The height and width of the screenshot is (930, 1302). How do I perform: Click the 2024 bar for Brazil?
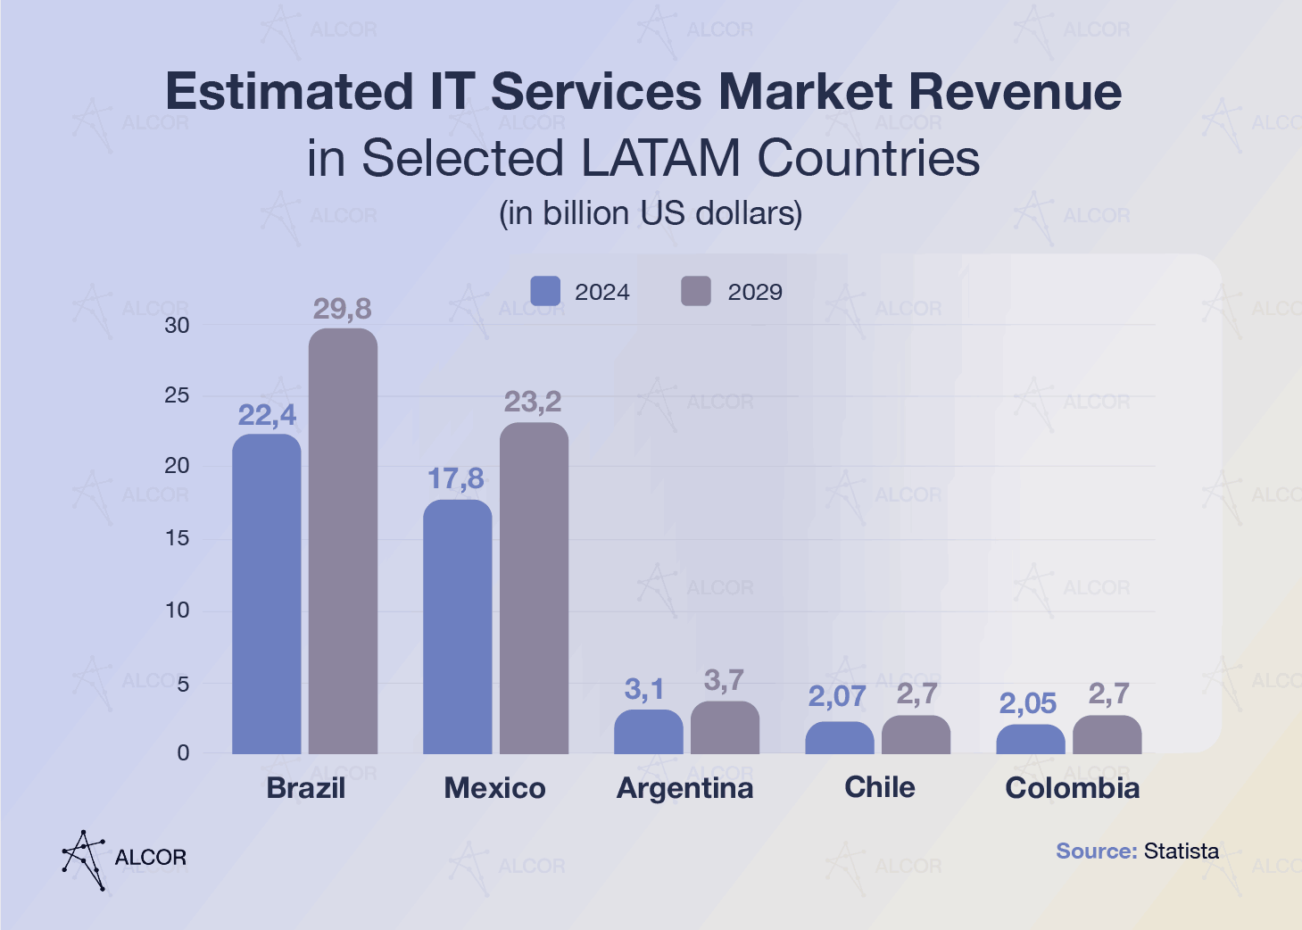click(x=267, y=594)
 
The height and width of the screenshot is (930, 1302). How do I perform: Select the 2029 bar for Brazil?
click(x=344, y=541)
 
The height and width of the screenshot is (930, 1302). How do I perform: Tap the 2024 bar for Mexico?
click(x=457, y=627)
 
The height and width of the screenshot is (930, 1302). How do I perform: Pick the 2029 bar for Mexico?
click(x=534, y=588)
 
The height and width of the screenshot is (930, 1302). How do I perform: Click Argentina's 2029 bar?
click(x=725, y=728)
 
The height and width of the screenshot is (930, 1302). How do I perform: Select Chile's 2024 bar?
click(x=840, y=738)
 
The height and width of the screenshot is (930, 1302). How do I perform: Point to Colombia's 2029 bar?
click(x=1107, y=735)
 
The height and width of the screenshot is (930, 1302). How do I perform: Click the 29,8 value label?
click(x=343, y=309)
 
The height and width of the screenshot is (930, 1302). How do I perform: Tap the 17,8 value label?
click(x=456, y=479)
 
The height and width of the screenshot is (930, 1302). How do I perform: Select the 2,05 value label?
click(x=1028, y=704)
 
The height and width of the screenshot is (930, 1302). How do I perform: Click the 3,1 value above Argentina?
click(x=644, y=689)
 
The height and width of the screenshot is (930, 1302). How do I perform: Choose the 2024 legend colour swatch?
click(x=545, y=292)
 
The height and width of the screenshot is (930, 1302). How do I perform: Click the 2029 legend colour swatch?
click(x=696, y=292)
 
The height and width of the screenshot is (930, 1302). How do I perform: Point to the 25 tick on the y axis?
click(x=178, y=395)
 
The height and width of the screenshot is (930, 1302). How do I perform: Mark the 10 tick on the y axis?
click(x=178, y=610)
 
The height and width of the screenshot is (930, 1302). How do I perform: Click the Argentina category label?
click(x=685, y=788)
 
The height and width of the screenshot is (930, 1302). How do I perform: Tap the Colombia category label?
click(x=1072, y=788)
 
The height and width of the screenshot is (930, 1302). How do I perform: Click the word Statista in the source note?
click(x=1182, y=851)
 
